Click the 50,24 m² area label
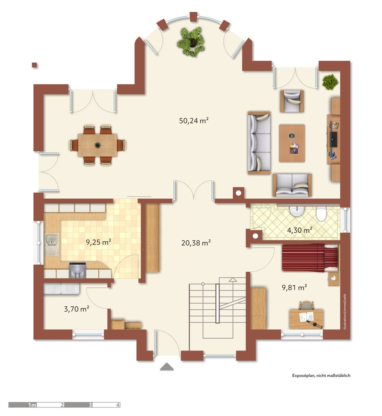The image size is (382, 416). pyautogui.click(x=194, y=121)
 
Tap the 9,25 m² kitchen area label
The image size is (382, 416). pyautogui.click(x=98, y=242)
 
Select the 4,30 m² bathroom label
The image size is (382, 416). pyautogui.click(x=300, y=230)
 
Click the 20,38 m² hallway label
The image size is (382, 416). pyautogui.click(x=196, y=242)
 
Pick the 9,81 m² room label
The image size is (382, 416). pyautogui.click(x=294, y=287)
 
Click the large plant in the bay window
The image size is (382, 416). pyautogui.click(x=191, y=42)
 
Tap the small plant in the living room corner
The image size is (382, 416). pyautogui.click(x=330, y=82)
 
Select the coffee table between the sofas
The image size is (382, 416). pyautogui.click(x=292, y=143)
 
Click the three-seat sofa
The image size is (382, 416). pyautogui.click(x=259, y=143)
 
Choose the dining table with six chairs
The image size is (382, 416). pyautogui.click(x=98, y=145)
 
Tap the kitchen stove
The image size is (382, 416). pyautogui.click(x=77, y=270)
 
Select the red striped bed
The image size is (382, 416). pyautogui.click(x=310, y=257)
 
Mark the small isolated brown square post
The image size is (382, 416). pyautogui.click(x=34, y=65)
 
